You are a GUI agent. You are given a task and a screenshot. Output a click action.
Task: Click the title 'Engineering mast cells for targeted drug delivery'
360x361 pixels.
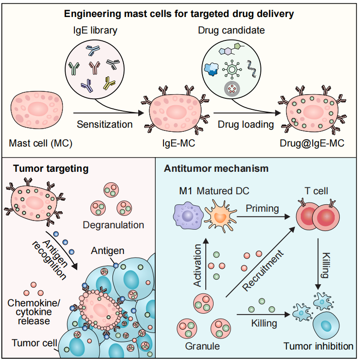point(180,14)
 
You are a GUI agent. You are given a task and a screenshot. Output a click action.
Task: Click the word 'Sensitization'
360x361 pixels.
point(105,124)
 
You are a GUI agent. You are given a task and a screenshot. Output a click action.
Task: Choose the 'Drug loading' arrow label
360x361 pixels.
point(246,124)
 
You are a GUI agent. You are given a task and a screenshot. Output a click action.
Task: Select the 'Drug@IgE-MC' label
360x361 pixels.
point(312,143)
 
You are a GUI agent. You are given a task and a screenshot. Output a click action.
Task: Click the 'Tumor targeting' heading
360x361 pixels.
point(51,169)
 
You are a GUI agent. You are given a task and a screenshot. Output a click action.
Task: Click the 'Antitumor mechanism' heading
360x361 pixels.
point(216,169)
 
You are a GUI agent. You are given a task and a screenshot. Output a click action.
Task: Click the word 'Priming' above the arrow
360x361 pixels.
point(263,208)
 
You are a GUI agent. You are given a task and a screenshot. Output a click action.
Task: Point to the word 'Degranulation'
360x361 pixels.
point(113,225)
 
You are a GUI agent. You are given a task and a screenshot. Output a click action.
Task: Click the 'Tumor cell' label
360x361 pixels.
point(35,343)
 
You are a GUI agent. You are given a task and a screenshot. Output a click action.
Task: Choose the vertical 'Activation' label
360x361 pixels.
point(198,266)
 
